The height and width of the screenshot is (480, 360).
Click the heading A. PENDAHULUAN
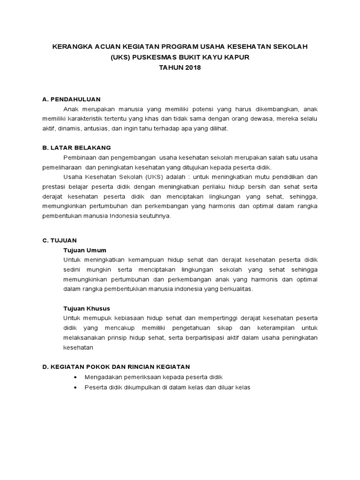(71, 99)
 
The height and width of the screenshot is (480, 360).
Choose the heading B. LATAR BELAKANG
(77, 147)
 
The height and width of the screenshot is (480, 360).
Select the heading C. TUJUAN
(59, 240)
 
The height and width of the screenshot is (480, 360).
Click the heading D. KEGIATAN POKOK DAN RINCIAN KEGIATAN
(116, 366)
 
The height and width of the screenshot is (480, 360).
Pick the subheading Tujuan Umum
(85, 250)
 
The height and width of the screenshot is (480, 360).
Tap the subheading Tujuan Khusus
(87, 308)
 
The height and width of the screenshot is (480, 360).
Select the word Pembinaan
(79, 157)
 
